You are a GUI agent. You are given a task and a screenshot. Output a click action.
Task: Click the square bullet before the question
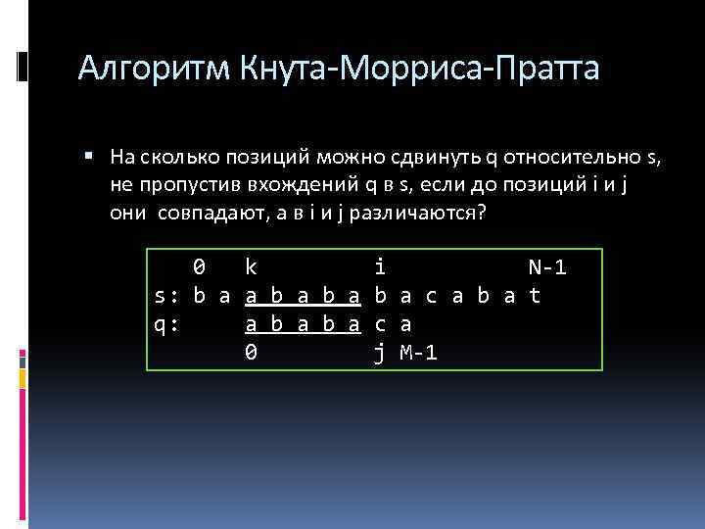[x=88, y=155]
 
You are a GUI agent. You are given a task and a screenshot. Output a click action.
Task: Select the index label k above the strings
[x=251, y=266]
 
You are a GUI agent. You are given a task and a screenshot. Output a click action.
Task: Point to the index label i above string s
[x=379, y=266]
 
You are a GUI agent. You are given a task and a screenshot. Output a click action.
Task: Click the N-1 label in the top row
[x=547, y=266]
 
